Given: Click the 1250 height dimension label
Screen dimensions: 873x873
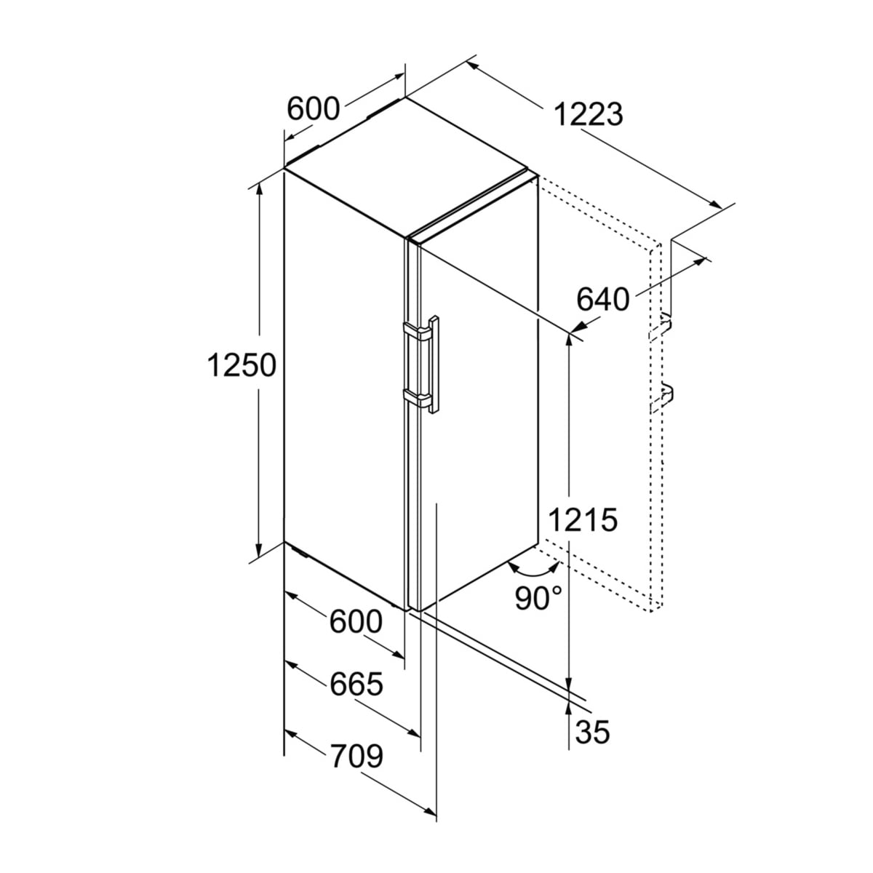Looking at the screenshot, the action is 242,366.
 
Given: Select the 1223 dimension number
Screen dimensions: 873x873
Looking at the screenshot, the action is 588,114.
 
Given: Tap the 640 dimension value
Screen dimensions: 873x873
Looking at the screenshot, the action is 602,299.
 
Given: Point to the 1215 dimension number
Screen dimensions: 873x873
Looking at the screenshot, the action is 583,519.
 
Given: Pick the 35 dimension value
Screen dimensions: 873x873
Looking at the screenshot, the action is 593,731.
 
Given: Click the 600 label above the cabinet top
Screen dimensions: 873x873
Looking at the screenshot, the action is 314,108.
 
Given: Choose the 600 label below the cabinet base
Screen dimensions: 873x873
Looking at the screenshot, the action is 356,621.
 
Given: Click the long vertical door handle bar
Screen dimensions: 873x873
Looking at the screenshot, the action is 434,364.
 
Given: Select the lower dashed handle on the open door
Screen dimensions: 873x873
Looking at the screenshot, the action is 661,397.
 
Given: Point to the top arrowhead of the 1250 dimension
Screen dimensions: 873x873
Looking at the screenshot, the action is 259,189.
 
